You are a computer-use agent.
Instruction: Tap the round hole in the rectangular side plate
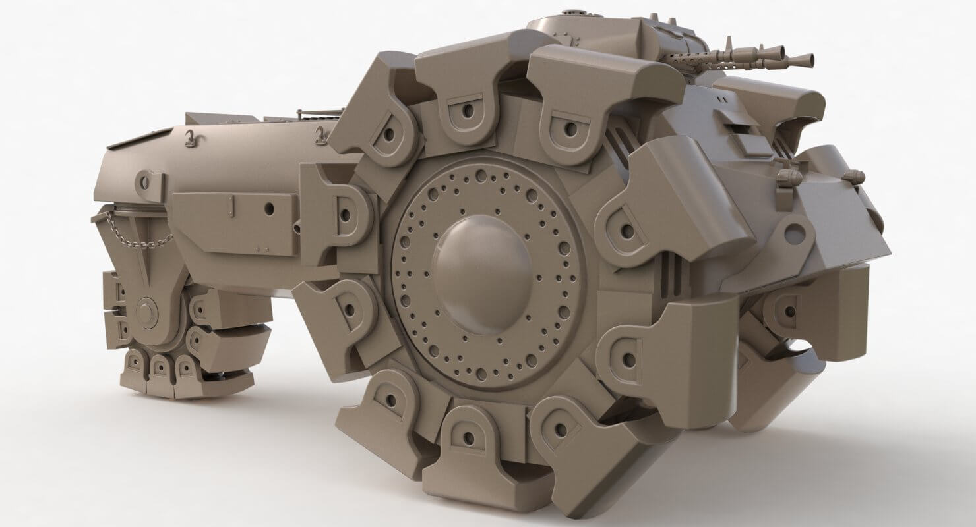click(x=269, y=208)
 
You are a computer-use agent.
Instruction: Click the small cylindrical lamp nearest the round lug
click(x=786, y=177)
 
